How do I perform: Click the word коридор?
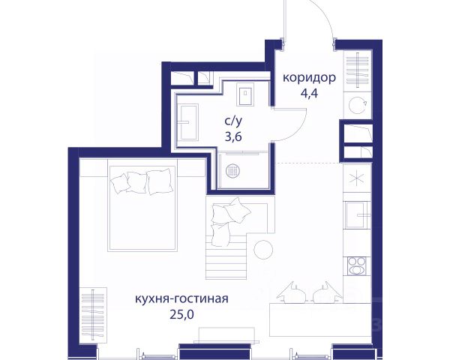coord(309,78)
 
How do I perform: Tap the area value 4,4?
coord(309,94)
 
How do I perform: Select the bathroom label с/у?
coord(233,121)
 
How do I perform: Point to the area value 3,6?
coord(233,137)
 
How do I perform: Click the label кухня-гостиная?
coord(181,298)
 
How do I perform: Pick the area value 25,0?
coord(182,315)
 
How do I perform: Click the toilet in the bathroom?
coord(245,94)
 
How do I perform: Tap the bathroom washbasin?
coord(187,122)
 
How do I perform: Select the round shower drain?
coord(233,171)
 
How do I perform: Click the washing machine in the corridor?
coord(358,105)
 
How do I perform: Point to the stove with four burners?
coord(357,265)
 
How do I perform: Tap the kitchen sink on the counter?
coord(357,215)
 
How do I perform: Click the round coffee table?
coord(263,250)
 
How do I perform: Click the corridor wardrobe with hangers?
coord(358,70)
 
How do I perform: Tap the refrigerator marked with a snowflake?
coord(357,178)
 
